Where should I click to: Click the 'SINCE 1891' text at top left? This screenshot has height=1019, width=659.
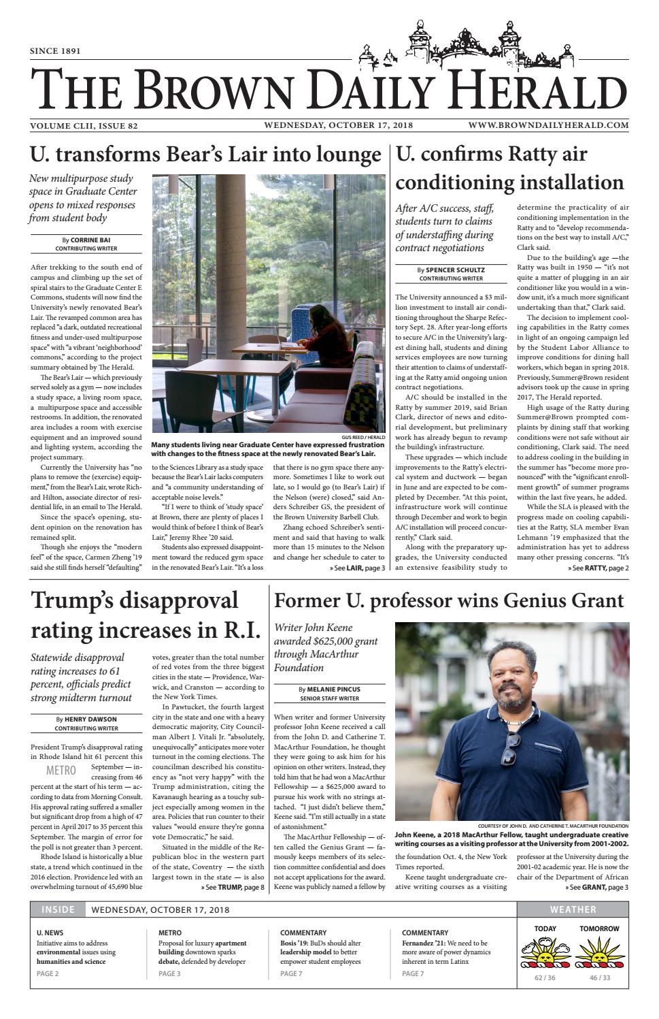pyautogui.click(x=56, y=51)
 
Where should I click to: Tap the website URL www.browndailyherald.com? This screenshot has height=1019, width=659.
pyautogui.click(x=547, y=125)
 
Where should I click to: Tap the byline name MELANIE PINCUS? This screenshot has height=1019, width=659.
pyautogui.click(x=333, y=689)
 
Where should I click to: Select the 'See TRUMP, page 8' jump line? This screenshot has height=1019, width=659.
pyautogui.click(x=233, y=888)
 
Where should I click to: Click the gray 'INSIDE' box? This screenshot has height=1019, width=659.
pyautogui.click(x=58, y=909)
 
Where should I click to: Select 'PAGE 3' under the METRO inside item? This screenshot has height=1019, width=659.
pyautogui.click(x=169, y=974)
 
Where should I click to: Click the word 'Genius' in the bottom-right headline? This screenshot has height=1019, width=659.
pyautogui.click(x=526, y=600)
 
